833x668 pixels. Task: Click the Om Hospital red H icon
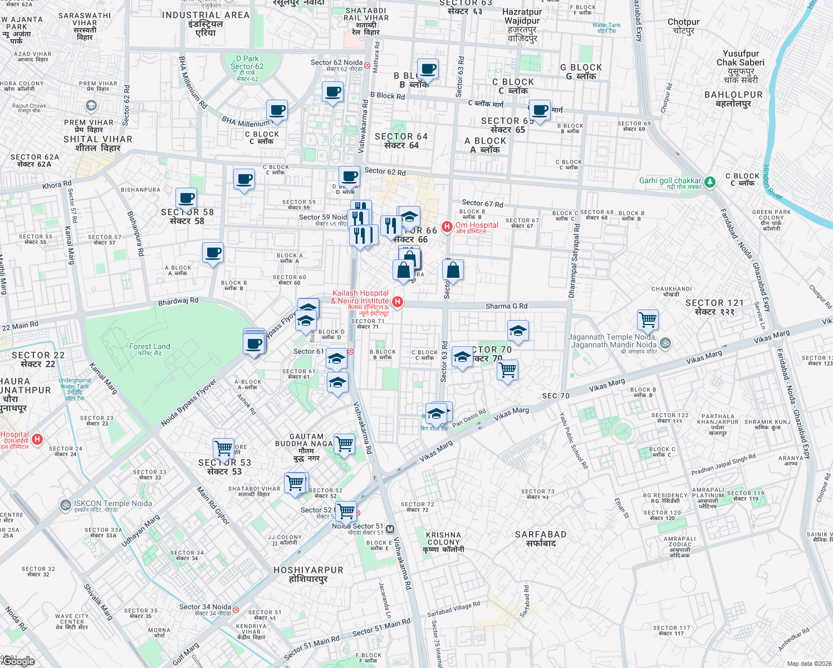(x=447, y=227)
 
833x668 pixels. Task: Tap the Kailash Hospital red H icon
(x=398, y=302)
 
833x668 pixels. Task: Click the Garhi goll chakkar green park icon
(x=709, y=182)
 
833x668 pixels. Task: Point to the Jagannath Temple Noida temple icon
(x=665, y=343)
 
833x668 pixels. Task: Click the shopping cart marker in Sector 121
(x=648, y=320)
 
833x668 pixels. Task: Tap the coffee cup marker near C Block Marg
(x=539, y=110)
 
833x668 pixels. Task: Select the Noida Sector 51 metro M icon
(x=390, y=529)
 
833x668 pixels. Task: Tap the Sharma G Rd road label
(x=506, y=306)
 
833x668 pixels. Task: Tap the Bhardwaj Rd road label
(x=178, y=301)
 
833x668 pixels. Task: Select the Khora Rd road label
(x=57, y=185)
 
